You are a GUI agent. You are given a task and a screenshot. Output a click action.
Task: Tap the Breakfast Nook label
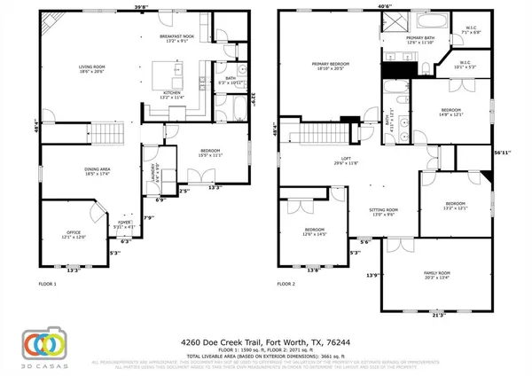point(176,38)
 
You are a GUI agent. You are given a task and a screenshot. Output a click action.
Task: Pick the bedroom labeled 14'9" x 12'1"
point(451,112)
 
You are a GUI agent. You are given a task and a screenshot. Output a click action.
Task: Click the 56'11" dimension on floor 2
point(502,152)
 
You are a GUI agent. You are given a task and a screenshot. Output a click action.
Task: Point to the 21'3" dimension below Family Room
point(436,315)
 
